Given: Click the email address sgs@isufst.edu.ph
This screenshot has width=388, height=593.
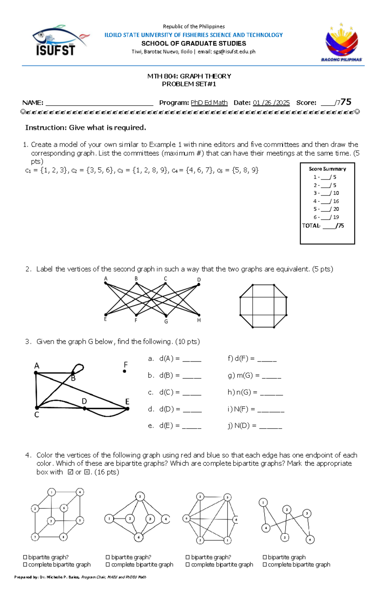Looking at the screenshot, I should click(x=234, y=52).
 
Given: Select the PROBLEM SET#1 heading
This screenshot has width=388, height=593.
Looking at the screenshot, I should click(x=189, y=84).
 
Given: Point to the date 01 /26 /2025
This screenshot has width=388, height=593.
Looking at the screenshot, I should click(x=271, y=103).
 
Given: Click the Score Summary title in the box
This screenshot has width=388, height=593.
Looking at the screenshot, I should click(x=327, y=169).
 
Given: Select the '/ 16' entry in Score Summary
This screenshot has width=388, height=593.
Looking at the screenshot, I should click(x=335, y=201).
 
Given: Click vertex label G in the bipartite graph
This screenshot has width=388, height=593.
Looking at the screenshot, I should click(x=166, y=322).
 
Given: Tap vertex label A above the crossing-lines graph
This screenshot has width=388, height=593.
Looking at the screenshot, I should click(x=106, y=279).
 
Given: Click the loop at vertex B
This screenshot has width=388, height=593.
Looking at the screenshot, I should click(x=79, y=368).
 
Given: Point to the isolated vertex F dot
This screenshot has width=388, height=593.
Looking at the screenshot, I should click(x=124, y=371).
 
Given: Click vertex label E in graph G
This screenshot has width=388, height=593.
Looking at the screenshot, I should click(x=127, y=402).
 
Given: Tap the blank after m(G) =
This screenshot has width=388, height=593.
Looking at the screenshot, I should click(x=271, y=376).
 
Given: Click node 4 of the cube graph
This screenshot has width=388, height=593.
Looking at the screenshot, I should click(x=80, y=492).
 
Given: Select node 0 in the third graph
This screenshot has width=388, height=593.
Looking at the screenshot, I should click(x=186, y=519).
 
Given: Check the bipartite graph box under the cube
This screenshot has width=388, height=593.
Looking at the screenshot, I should click(x=25, y=557).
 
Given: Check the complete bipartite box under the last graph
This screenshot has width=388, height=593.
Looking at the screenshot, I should click(x=265, y=565).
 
